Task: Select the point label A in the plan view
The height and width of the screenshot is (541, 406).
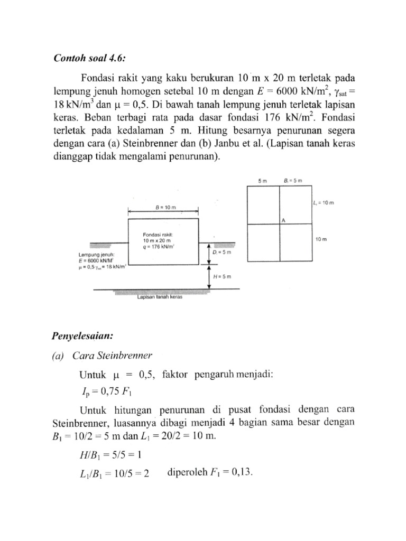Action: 283,221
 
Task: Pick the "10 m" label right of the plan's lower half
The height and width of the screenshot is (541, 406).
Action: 321,239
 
